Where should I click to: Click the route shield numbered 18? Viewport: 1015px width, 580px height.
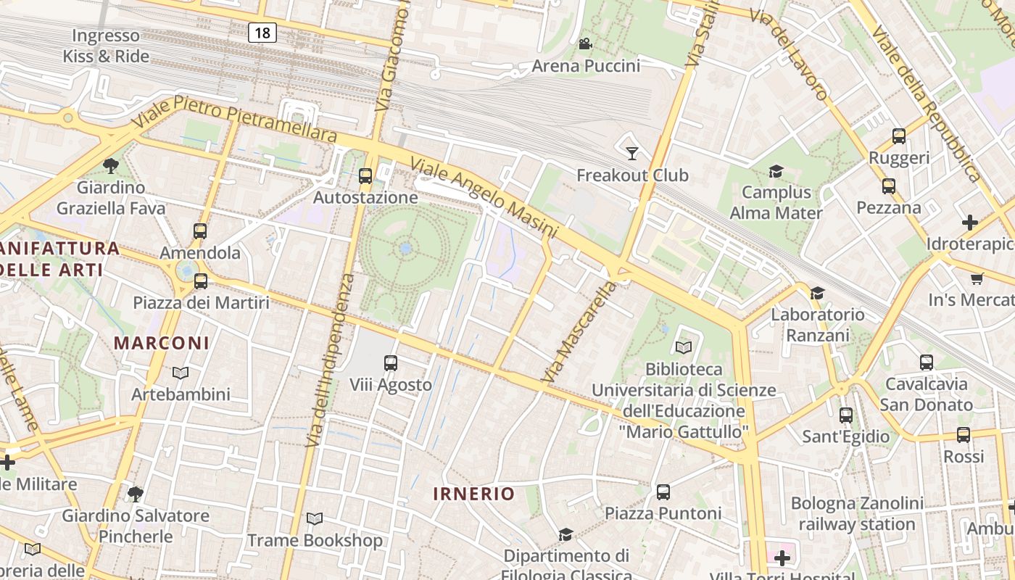tap(262, 32)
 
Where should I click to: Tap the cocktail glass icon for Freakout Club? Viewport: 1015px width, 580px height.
tap(632, 152)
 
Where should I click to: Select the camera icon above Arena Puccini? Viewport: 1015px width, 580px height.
tap(585, 44)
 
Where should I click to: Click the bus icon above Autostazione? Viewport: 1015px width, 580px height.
tap(365, 175)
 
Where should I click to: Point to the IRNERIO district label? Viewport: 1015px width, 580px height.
tap(474, 494)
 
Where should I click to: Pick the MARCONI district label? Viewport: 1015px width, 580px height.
tap(162, 343)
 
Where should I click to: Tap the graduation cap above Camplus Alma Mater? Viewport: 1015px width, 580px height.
tap(776, 171)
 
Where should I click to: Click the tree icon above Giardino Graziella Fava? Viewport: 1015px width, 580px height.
tap(111, 166)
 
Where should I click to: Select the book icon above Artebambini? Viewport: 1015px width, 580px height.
tap(181, 373)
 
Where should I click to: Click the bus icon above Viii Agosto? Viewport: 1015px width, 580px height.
tap(391, 362)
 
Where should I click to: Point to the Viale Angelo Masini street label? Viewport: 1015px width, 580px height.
tap(484, 197)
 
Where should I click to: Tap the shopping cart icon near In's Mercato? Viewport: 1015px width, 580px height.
tap(977, 278)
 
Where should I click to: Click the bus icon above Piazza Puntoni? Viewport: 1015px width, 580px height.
tap(663, 492)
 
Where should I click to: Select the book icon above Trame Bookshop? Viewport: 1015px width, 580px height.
tap(315, 519)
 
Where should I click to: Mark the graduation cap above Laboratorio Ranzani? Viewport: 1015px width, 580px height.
tap(817, 293)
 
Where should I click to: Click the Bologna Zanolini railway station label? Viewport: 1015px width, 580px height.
tap(857, 513)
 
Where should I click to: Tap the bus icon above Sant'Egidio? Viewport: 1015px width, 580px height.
tap(845, 415)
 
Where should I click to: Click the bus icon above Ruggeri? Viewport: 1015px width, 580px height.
tap(899, 136)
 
